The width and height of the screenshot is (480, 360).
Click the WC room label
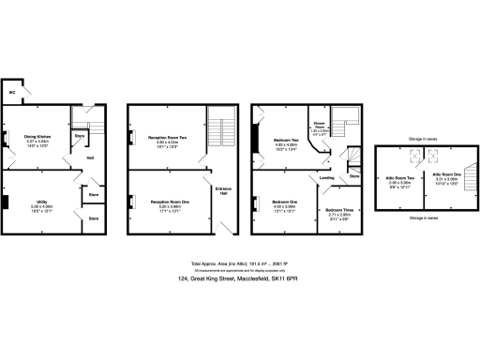(x=12, y=94)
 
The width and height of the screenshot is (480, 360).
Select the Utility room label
(x=42, y=202)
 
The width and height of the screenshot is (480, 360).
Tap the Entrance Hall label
(x=222, y=191)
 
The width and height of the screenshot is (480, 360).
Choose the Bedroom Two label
(x=285, y=141)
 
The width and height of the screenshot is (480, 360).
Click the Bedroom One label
(x=285, y=202)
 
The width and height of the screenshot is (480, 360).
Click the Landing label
(x=326, y=176)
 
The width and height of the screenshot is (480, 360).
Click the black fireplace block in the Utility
(x=6, y=202)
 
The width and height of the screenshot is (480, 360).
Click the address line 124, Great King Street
(x=239, y=278)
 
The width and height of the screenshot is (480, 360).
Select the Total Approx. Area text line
(x=239, y=263)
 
